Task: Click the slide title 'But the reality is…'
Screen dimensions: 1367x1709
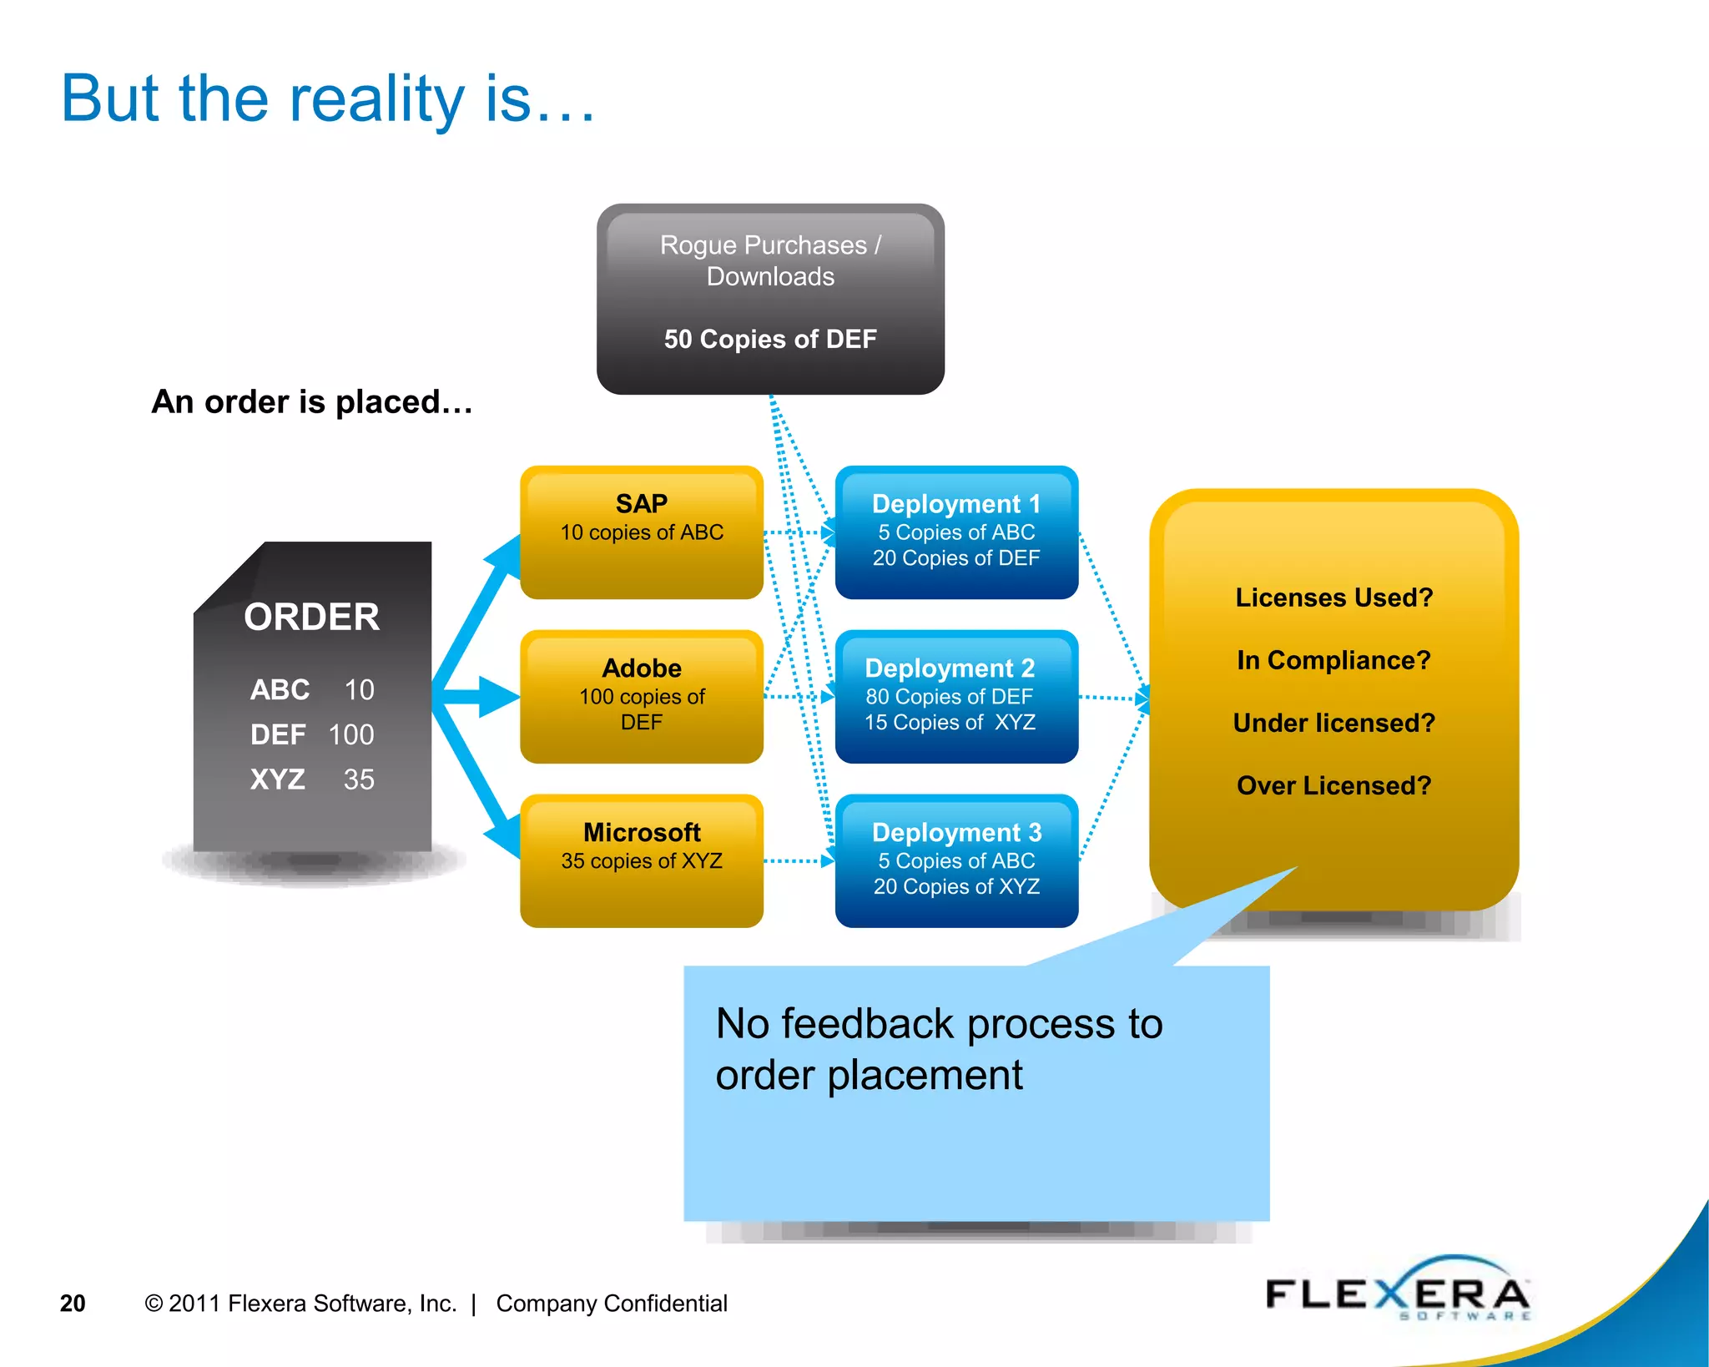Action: [328, 98]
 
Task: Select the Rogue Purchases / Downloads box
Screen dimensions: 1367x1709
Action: [769, 298]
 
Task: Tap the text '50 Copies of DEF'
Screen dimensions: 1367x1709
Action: [769, 339]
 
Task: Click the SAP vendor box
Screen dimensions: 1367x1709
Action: [641, 532]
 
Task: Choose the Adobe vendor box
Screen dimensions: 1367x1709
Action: [641, 696]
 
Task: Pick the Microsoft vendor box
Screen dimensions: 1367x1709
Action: [641, 860]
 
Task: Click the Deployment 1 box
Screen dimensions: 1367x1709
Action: [955, 532]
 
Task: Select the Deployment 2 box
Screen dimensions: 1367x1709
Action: [955, 696]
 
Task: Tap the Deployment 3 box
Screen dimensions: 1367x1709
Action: [955, 860]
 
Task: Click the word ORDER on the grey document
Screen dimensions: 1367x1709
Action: [311, 618]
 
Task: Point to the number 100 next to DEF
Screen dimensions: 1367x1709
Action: [351, 734]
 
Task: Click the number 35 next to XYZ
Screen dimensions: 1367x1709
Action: [359, 779]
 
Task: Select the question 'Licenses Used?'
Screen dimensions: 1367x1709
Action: [1333, 598]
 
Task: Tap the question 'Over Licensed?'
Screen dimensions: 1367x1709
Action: [1333, 785]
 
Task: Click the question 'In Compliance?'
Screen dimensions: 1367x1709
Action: [1333, 660]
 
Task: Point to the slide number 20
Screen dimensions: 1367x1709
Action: [73, 1304]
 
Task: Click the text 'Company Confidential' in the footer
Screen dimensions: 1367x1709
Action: [612, 1304]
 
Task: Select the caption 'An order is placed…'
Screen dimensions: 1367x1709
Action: [312, 402]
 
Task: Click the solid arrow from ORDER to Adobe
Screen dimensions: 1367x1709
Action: [480, 696]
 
